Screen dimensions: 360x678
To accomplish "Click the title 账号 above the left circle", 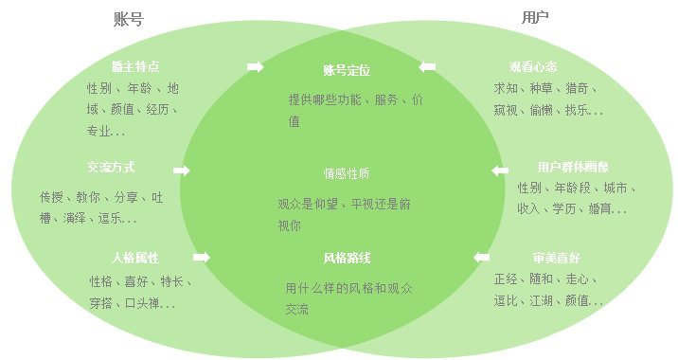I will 127,19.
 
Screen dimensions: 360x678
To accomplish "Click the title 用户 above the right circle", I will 534,18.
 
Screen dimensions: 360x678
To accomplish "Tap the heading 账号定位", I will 346,70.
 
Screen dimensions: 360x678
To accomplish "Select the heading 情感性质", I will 346,173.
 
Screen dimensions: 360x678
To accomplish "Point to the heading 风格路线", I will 346,258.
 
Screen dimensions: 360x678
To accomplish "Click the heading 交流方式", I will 111,168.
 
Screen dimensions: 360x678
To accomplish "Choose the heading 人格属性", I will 135,258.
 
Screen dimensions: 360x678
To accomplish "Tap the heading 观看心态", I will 532,67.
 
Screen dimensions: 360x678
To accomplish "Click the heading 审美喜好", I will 557,258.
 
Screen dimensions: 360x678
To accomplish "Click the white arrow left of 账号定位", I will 255,66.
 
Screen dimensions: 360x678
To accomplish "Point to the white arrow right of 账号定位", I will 428,67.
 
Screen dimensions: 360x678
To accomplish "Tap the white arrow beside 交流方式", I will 182,171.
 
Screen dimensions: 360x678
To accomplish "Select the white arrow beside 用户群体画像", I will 499,171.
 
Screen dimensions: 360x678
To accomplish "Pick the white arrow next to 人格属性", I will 202,257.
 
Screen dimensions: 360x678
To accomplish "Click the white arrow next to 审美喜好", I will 482,257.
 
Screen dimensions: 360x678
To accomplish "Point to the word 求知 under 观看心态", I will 506,88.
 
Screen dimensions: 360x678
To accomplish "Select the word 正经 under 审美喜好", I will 507,279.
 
